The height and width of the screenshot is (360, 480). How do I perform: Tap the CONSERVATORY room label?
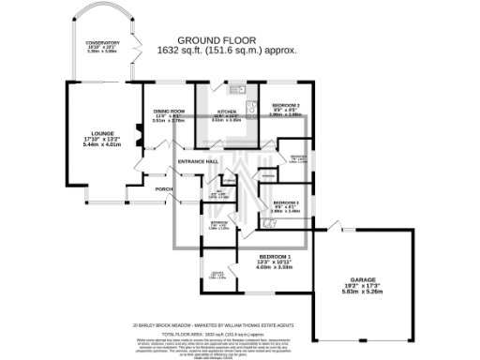(x=102, y=44)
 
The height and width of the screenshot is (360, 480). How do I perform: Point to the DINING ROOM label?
(x=168, y=112)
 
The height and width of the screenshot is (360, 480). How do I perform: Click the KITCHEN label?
(x=226, y=111)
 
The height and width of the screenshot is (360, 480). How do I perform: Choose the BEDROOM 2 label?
(x=285, y=105)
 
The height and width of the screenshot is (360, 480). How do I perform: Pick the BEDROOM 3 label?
(x=285, y=202)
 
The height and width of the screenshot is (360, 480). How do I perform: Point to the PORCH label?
(x=164, y=188)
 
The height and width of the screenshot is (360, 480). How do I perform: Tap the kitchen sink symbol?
(x=241, y=91)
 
